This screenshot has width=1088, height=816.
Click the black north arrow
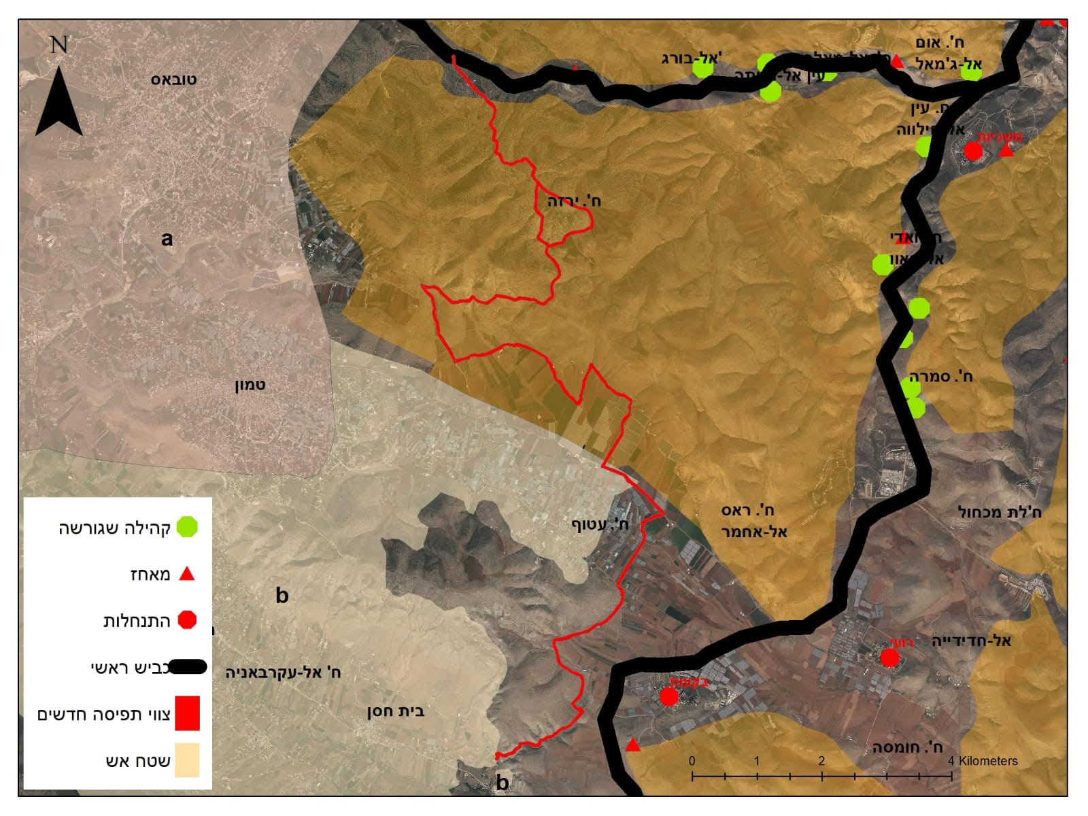pos(59,102)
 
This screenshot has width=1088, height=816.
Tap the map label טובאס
pos(173,80)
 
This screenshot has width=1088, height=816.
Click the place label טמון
pos(250,385)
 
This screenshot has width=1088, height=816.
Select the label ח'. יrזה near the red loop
pos(574,201)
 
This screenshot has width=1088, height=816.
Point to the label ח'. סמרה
pos(941,376)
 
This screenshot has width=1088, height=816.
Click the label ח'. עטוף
pos(599,524)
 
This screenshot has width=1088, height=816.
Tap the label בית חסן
pos(395,711)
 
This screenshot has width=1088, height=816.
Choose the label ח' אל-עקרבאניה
pos(283,673)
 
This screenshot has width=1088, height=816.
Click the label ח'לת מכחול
pos(999,511)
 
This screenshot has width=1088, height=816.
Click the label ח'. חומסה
pos(907,747)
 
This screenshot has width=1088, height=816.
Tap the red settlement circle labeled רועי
pos(889,658)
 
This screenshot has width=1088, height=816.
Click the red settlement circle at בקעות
pos(669,696)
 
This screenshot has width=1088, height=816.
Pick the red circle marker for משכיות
pos(973,151)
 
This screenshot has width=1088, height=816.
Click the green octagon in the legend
pos(187,527)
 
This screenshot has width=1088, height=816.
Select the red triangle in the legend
pos(186,575)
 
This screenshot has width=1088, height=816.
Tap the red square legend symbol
pos(187,713)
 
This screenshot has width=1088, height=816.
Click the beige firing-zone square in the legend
pos(187,760)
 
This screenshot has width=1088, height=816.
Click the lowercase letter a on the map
pos(167,239)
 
